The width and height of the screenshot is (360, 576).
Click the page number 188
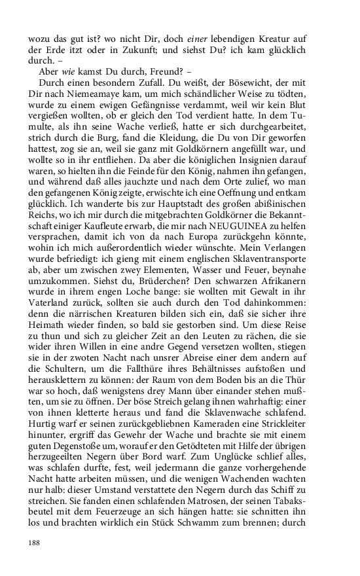click(x=34, y=543)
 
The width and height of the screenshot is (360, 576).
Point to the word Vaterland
click(x=50, y=356)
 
